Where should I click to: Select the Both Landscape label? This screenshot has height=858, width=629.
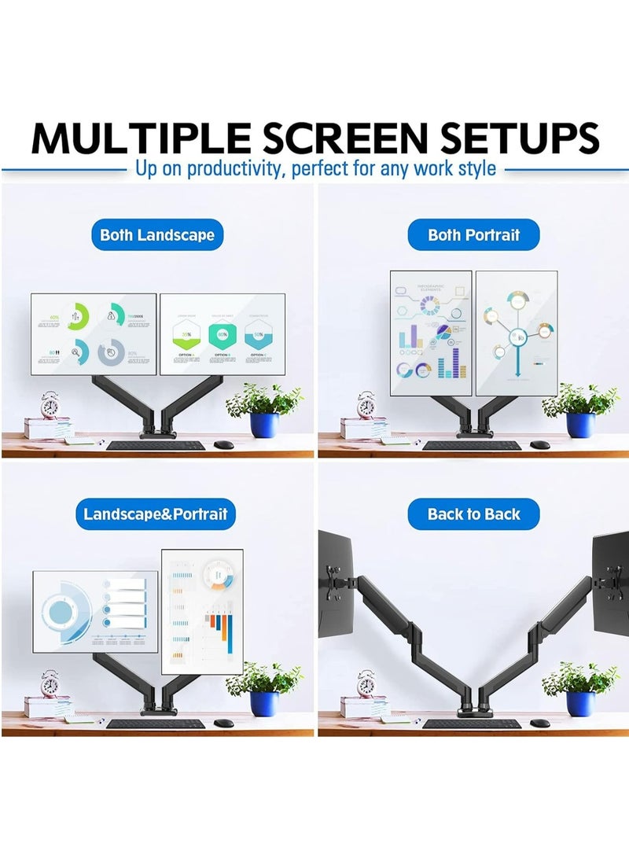coord(157,234)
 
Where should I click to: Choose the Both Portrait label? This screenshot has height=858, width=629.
coord(473,234)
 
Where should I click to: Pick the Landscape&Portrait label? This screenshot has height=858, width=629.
coord(155,514)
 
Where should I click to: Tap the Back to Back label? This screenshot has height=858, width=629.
coord(473,514)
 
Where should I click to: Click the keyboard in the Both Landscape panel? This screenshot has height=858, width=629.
coord(155,445)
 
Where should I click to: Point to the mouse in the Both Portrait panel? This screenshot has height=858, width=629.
coord(539,444)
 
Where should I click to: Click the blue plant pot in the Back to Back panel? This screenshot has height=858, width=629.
coord(580,703)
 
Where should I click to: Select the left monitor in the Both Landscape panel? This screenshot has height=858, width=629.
coord(94,333)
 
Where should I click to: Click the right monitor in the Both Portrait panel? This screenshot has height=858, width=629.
coord(517,333)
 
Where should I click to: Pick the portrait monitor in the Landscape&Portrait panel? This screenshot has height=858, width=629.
coord(202,611)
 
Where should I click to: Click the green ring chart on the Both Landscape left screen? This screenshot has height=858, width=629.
coord(78,317)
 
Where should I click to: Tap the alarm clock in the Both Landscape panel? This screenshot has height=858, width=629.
coord(50,406)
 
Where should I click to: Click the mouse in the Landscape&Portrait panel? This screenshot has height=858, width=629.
coord(224,723)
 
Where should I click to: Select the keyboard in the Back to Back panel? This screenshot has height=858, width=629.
coord(471,724)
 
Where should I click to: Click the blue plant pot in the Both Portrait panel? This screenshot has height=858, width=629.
coord(580,425)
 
